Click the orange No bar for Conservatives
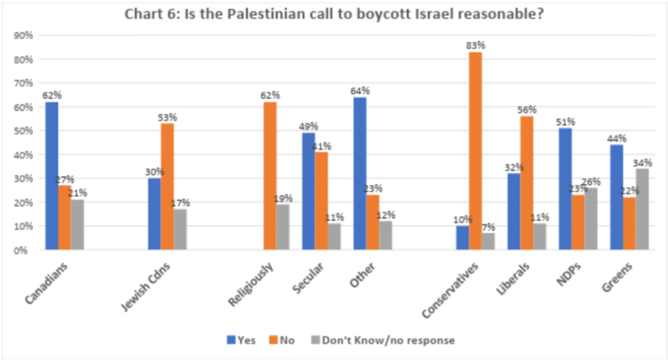point(476,151)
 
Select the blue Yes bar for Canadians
point(52,175)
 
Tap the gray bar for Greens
point(643,209)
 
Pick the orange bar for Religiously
point(269,175)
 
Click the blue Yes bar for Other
point(359,173)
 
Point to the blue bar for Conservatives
point(463,237)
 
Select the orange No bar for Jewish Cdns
point(167,187)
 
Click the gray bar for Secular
point(334,236)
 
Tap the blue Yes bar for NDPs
point(566,188)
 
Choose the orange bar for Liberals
point(526,183)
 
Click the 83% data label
point(476,46)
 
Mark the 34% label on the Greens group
point(643,162)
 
